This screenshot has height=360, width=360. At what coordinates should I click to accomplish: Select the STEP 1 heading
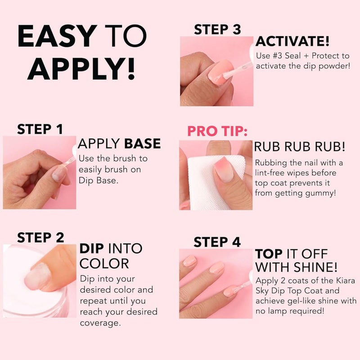(x=40, y=129)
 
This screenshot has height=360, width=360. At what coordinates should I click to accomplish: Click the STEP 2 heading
(x=40, y=237)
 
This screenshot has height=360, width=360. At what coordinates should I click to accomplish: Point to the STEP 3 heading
(x=217, y=30)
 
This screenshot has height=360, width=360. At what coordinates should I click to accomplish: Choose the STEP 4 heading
(x=217, y=242)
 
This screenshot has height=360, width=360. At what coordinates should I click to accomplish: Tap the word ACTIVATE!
(x=292, y=42)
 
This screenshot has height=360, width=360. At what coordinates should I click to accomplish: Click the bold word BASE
(x=142, y=144)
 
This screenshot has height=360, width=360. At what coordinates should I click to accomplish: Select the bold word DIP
(x=93, y=248)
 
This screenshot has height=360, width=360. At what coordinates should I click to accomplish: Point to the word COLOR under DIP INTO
(x=104, y=263)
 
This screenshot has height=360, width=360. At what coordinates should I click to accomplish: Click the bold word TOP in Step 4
(x=269, y=253)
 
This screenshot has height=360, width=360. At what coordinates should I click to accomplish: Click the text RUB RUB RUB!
(x=300, y=147)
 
